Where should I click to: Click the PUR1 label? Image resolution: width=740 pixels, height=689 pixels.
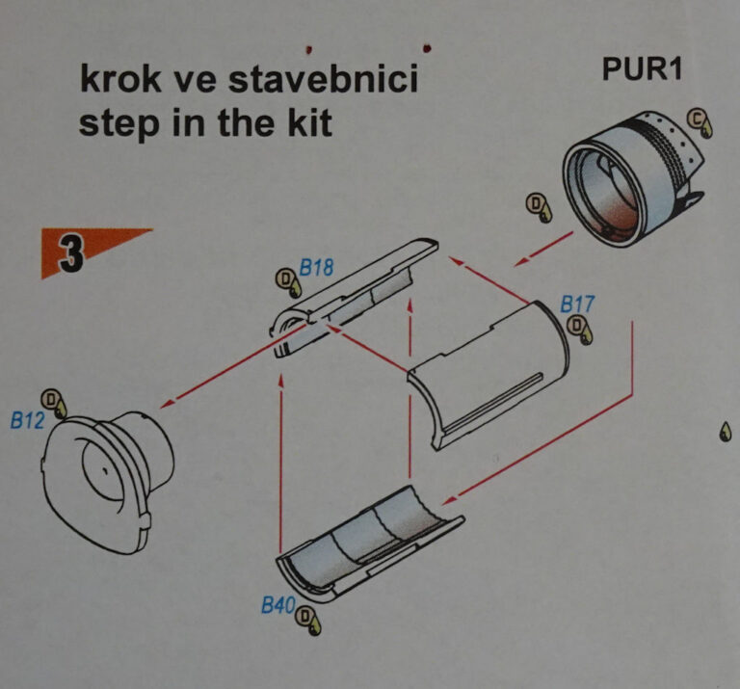[642, 69]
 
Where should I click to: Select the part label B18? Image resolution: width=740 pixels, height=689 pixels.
[316, 268]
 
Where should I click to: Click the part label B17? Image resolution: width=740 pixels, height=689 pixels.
[577, 305]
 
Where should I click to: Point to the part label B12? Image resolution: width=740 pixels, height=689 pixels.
[27, 420]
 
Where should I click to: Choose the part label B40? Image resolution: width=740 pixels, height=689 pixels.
[278, 604]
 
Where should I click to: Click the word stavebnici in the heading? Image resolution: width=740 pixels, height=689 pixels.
[324, 79]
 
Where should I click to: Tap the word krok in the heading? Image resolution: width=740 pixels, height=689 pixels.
[120, 79]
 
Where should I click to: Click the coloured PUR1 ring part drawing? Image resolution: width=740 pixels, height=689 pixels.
[633, 179]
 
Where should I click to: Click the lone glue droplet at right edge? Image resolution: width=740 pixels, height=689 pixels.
[726, 432]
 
